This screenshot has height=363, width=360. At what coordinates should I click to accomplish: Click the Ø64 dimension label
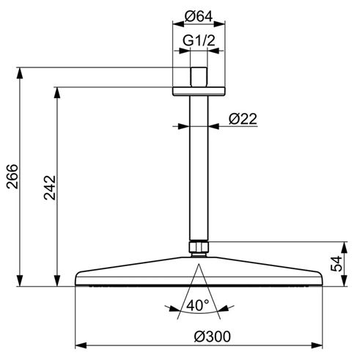(199, 17)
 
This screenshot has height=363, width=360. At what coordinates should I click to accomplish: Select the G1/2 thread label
(199, 40)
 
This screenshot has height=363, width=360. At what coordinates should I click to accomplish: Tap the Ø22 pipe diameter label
(243, 119)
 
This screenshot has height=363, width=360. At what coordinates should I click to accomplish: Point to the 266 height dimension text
(12, 177)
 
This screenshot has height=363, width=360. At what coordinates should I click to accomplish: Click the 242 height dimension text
(50, 188)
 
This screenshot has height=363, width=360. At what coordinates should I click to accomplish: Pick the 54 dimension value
(336, 263)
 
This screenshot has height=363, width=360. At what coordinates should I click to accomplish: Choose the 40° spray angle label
(198, 305)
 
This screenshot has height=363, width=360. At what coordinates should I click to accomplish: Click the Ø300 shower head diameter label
(212, 337)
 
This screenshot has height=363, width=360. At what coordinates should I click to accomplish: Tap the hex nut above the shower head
(199, 247)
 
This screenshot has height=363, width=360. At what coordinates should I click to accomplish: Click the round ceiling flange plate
(199, 91)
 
